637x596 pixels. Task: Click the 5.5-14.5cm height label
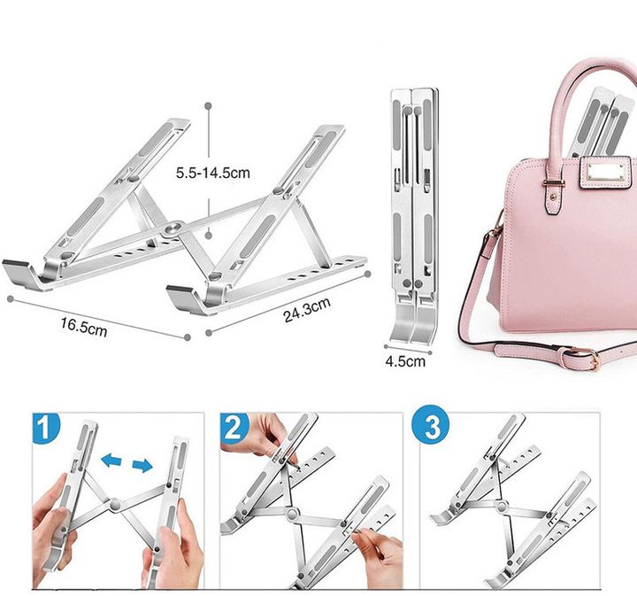[213, 173]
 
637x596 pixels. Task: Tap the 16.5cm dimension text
[84, 328]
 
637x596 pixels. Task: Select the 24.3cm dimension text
[307, 310]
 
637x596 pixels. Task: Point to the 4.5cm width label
[405, 361]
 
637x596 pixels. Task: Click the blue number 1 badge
[45, 428]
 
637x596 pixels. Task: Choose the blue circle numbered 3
[430, 426]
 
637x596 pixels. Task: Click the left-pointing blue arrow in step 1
[111, 461]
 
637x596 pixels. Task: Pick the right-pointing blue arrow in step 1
[142, 466]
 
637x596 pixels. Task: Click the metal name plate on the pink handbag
[605, 173]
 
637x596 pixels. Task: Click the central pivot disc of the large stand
[173, 228]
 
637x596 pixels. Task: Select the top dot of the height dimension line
[209, 106]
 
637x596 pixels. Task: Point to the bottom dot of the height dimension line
[209, 236]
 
